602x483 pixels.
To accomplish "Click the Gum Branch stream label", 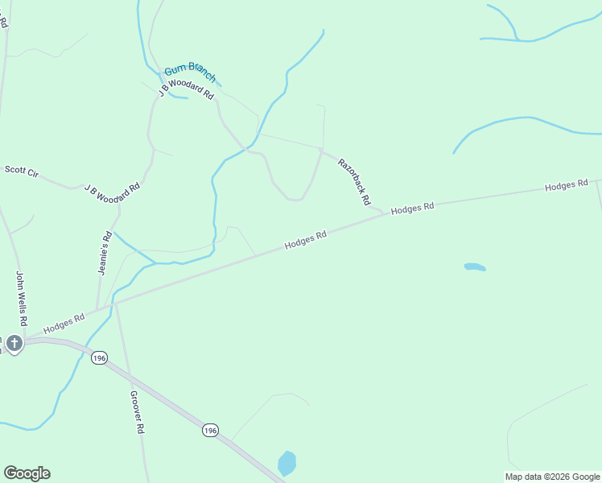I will click(191, 74).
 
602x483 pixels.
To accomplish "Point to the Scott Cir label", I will click(22, 171).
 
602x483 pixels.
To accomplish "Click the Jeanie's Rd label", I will click(105, 253).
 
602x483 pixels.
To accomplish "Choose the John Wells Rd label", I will click(22, 298).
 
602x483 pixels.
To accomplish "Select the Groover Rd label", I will click(136, 412).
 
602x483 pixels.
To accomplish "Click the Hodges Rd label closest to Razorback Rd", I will click(412, 208).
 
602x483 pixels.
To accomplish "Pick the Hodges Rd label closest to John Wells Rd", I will click(64, 323).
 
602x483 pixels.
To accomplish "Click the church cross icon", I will click(14, 344).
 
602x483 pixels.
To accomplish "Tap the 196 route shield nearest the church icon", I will click(99, 357).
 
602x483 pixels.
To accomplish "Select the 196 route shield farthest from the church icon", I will click(210, 431).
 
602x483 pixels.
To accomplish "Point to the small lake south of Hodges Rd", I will click(475, 266).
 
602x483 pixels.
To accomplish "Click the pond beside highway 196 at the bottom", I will click(287, 464).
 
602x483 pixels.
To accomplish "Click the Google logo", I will click(27, 473).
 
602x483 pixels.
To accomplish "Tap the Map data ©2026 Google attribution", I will click(552, 477).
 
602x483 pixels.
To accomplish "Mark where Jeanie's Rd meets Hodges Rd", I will click(97, 308).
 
